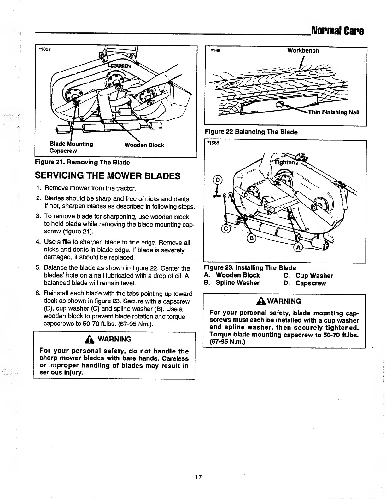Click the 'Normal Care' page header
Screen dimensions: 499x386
click(337, 31)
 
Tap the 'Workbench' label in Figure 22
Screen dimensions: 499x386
click(303, 51)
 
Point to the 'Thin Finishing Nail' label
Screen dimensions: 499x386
click(334, 112)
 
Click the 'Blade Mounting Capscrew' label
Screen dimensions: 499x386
click(71, 147)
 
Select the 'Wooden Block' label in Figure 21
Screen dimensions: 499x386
click(144, 145)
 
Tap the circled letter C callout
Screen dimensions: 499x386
click(225, 229)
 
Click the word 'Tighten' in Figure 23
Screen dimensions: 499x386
click(284, 163)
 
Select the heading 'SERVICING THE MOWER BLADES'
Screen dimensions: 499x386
click(108, 175)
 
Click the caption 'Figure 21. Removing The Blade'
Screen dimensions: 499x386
click(82, 162)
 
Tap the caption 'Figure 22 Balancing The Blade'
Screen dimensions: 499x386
click(251, 132)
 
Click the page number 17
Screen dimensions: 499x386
click(198, 477)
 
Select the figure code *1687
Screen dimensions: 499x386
click(45, 49)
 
